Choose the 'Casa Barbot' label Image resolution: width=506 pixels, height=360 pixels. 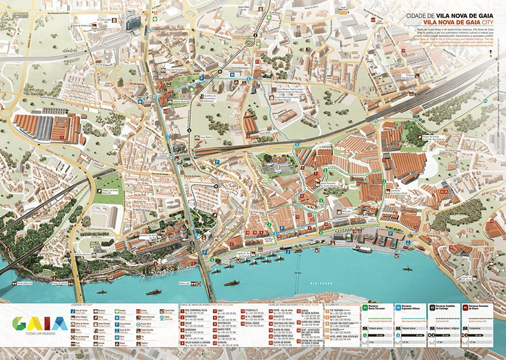(x=206, y=137)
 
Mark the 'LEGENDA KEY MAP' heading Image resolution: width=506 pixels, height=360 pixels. (x=81, y=305)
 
